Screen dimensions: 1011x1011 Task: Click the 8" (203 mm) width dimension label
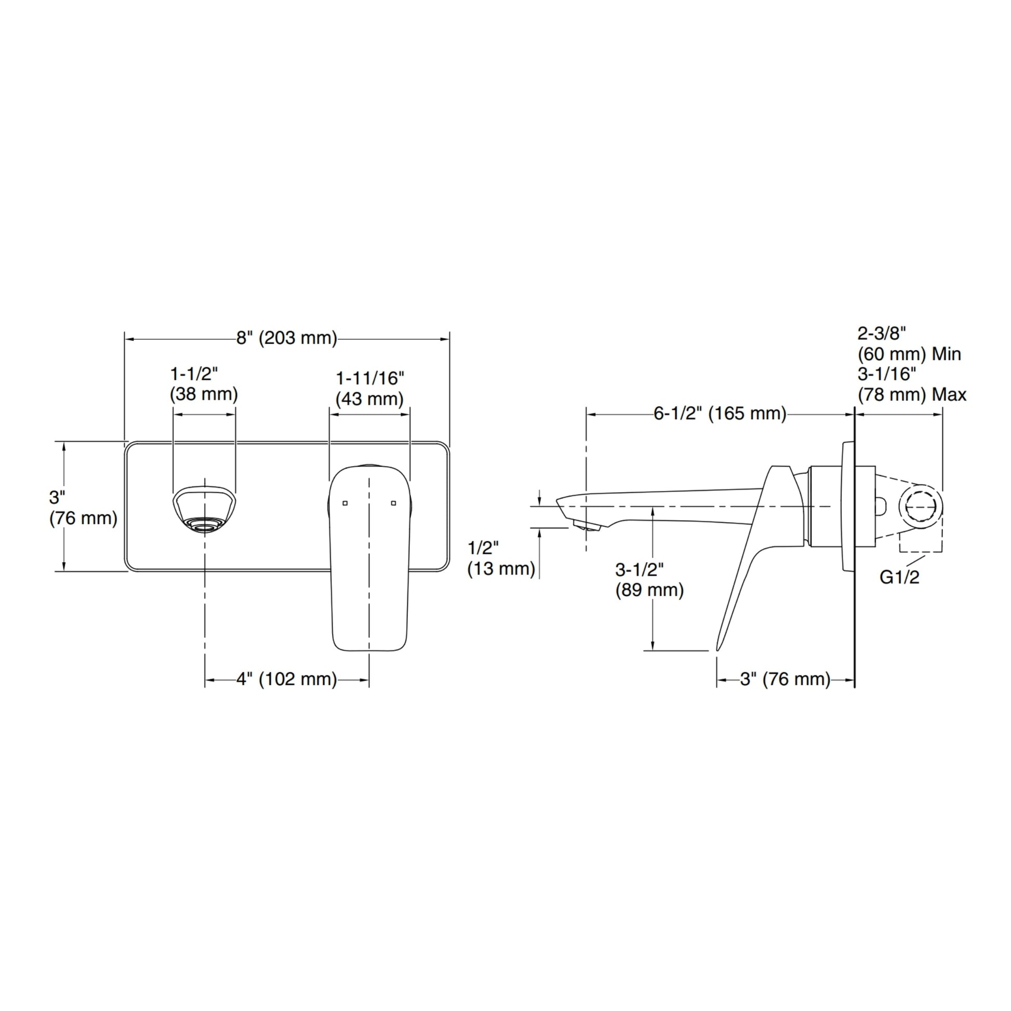(x=287, y=338)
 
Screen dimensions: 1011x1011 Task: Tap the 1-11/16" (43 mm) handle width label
(x=370, y=389)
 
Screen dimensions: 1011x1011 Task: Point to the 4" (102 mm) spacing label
(x=287, y=679)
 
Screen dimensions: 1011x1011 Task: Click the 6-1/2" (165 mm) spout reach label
(x=720, y=414)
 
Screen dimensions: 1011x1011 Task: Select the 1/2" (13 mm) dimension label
(x=501, y=558)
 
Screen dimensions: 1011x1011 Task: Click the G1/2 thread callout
(x=899, y=577)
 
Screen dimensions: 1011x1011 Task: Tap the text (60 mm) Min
(x=909, y=354)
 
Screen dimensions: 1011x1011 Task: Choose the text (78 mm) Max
(x=912, y=394)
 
